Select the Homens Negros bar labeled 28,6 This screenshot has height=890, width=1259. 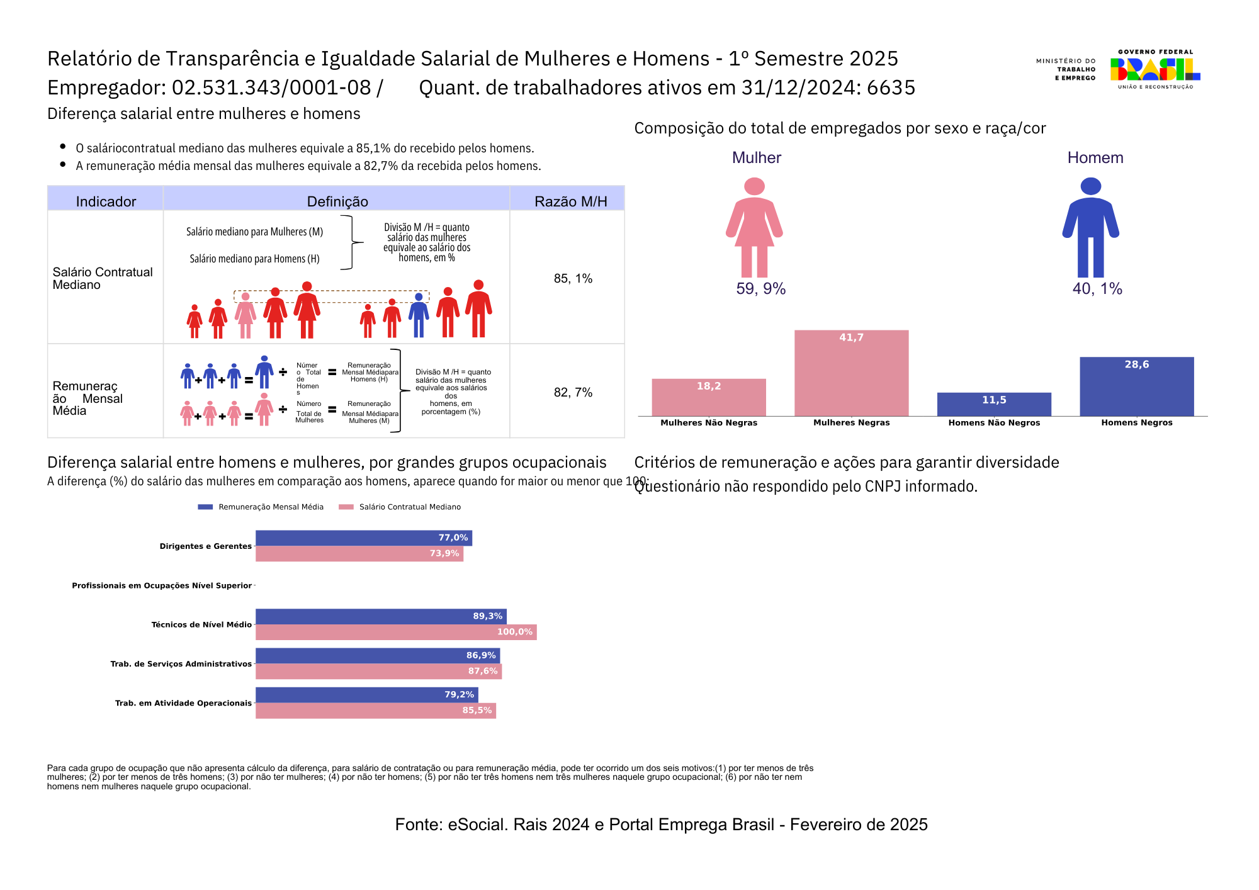[1136, 386]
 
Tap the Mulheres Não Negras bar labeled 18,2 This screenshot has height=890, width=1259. [709, 397]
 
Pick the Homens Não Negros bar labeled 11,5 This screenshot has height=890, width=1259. [994, 404]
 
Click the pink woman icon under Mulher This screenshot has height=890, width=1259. [754, 227]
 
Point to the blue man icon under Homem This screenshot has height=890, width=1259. [1090, 227]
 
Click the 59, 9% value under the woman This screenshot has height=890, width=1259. [760, 289]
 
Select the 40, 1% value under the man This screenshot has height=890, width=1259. [1097, 289]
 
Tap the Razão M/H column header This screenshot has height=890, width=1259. [570, 201]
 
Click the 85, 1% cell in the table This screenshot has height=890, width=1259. [573, 278]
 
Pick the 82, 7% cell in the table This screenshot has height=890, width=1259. [573, 392]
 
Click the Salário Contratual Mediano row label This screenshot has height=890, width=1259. [103, 278]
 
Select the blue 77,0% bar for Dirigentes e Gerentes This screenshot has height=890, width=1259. [363, 538]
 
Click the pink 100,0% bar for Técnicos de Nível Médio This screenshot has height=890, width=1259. [396, 632]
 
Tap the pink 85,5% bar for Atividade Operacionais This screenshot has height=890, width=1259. [375, 711]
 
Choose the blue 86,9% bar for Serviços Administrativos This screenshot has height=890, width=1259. [377, 656]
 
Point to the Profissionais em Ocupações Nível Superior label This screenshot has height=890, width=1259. [162, 586]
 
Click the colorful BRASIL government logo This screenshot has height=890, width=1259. [1155, 69]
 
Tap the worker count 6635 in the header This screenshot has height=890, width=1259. [891, 87]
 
